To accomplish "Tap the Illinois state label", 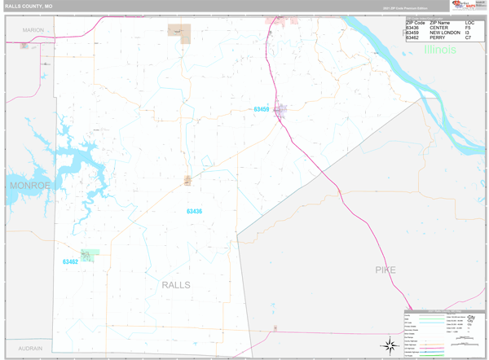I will pyautogui.click(x=440, y=50).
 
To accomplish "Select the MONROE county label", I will pyautogui.click(x=29, y=186).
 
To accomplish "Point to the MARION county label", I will pyautogui.click(x=33, y=29).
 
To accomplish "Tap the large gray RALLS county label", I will pyautogui.click(x=176, y=285).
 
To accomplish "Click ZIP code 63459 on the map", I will pyautogui.click(x=261, y=109).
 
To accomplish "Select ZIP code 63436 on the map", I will pyautogui.click(x=194, y=212).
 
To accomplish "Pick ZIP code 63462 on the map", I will pyautogui.click(x=70, y=262).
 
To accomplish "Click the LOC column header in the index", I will pyautogui.click(x=469, y=23).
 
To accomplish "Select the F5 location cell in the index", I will pyautogui.click(x=468, y=28).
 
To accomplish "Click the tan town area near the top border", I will pyautogui.click(x=178, y=31).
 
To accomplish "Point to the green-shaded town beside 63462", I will pyautogui.click(x=90, y=255).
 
